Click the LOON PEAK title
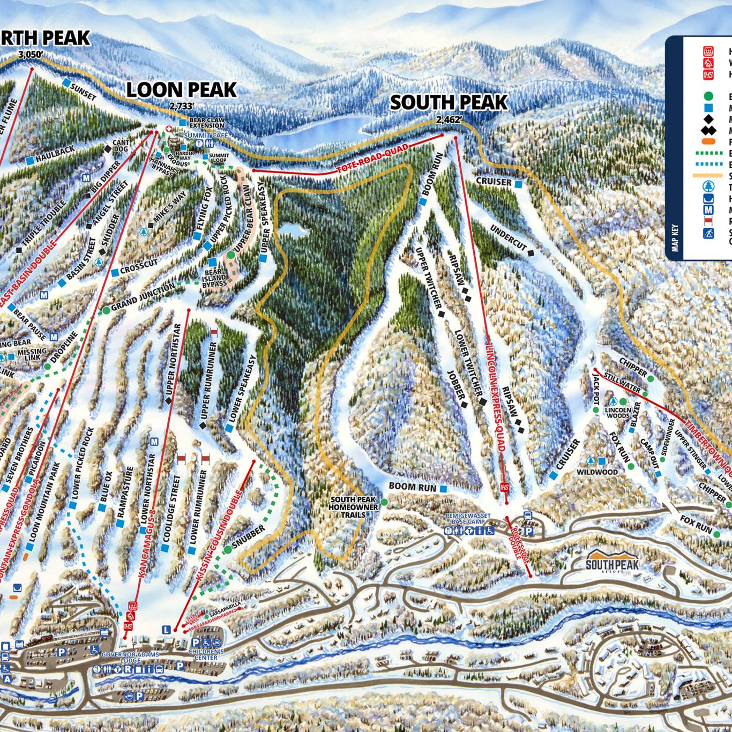tap(181, 89)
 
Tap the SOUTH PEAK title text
tap(449, 102)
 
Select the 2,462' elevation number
tap(449, 120)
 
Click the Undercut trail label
tap(507, 237)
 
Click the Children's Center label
tap(206, 654)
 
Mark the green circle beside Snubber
tap(228, 549)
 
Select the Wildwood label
tap(597, 472)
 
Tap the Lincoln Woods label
tap(617, 412)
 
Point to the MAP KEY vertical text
tap(675, 237)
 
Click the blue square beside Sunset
tap(66, 83)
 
